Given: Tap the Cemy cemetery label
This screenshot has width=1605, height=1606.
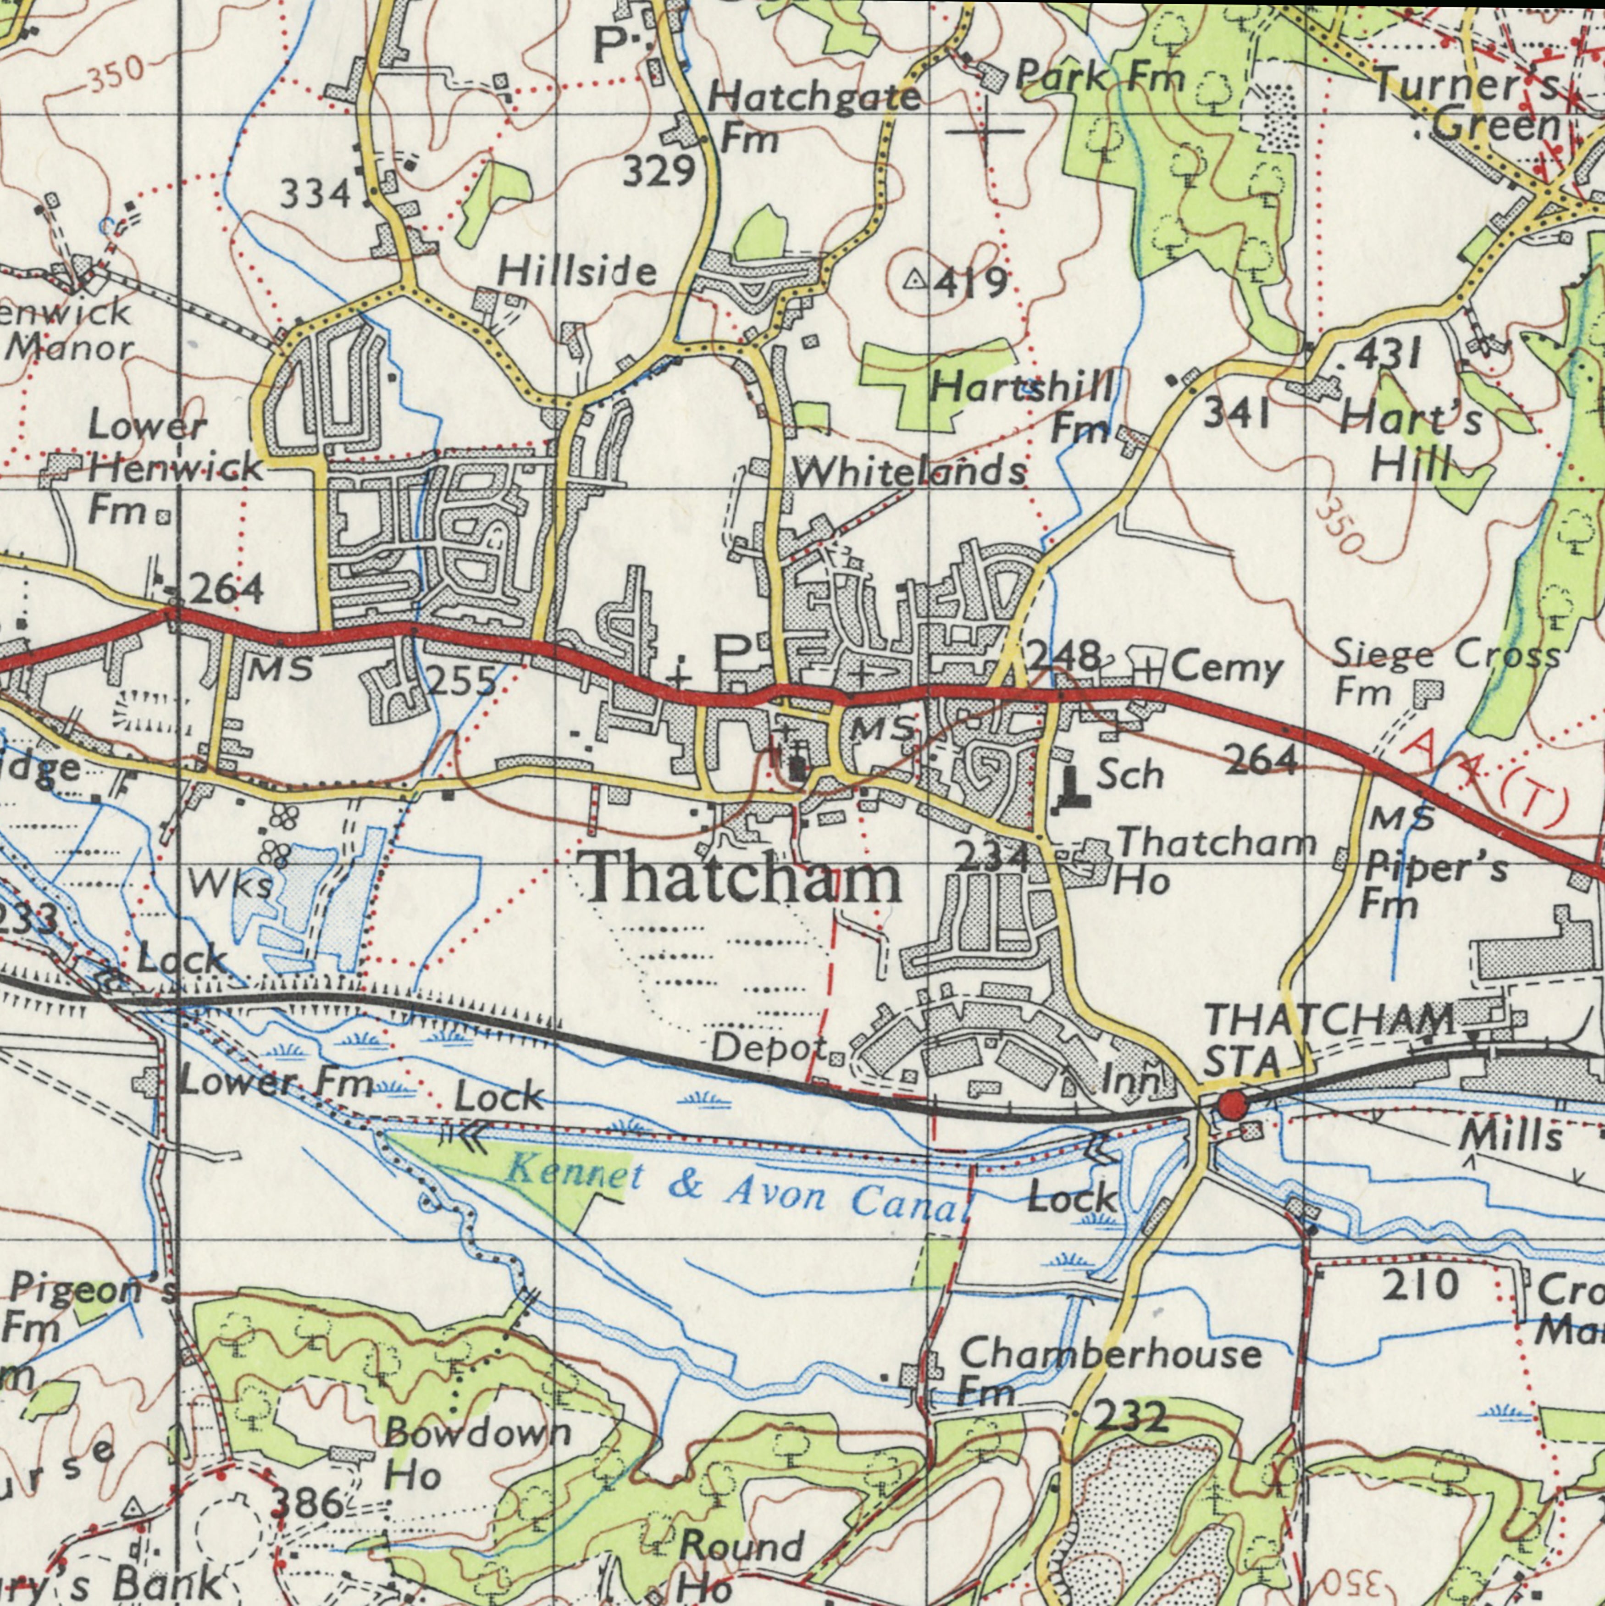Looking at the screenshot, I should tap(1227, 669).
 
